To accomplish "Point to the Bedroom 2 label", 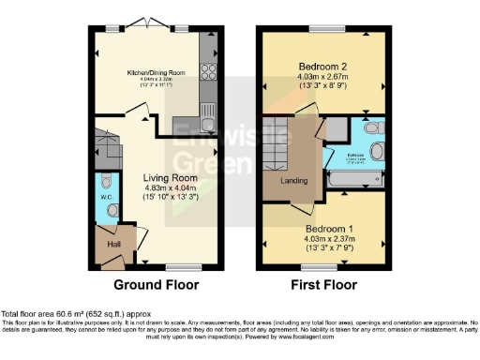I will click(x=323, y=67).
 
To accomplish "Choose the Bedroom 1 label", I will click(x=323, y=227).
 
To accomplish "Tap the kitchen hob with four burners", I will click(x=207, y=71).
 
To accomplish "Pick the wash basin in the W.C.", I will click(x=112, y=211).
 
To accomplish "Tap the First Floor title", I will click(x=322, y=284).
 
